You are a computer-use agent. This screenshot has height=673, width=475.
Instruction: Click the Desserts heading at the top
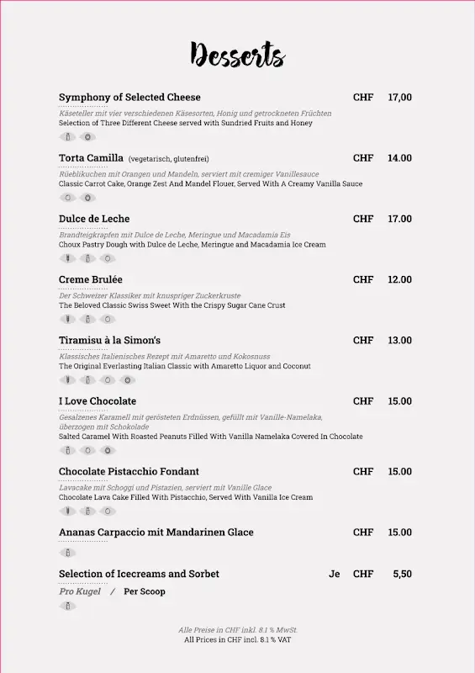coord(237,55)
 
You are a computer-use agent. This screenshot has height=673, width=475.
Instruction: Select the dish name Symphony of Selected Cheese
coord(129,98)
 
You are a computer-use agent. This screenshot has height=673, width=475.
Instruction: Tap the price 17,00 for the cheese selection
coord(399,98)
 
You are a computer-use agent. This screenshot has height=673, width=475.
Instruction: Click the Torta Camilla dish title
coord(91,158)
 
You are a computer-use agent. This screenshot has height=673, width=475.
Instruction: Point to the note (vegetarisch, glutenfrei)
coord(168,159)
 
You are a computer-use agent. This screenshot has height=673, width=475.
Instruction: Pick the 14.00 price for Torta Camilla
coord(399,158)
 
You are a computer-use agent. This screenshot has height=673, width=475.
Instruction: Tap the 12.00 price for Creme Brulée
coord(399,279)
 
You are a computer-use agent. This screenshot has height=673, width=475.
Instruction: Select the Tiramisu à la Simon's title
coord(109,340)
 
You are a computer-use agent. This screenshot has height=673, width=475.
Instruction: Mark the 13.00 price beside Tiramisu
coord(399,340)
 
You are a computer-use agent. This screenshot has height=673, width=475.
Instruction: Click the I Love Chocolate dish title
coord(98,401)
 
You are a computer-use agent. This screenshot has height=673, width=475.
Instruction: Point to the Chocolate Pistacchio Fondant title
coord(129,471)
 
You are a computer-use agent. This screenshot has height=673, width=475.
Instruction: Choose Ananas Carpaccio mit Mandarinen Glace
coord(156,533)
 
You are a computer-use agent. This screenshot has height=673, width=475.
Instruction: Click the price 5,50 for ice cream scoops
coord(402,574)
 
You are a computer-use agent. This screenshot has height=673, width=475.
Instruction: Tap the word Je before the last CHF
coord(335,574)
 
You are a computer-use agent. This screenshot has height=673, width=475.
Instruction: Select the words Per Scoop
coord(145,591)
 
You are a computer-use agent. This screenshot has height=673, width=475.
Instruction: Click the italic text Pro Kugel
coord(80,591)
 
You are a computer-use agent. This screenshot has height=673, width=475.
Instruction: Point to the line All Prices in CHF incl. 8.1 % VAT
coord(237,640)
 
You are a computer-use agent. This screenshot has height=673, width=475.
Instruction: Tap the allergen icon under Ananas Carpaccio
coord(67,553)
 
